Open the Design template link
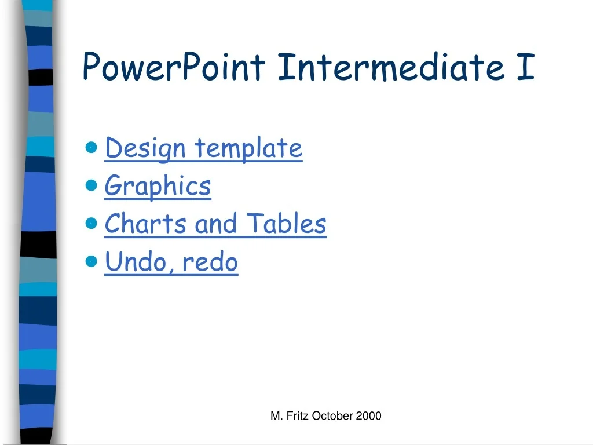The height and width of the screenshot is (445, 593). tap(203, 148)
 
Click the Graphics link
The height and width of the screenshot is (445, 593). tap(158, 187)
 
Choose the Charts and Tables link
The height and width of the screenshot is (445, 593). tap(215, 224)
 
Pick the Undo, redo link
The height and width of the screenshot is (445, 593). tap(171, 262)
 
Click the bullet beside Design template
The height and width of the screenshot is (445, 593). tap(91, 148)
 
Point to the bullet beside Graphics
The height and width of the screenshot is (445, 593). tap(91, 185)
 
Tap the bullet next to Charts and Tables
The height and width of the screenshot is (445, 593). tap(91, 224)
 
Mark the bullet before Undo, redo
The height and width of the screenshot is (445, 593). tap(91, 261)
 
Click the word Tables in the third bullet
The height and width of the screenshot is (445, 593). tap(286, 224)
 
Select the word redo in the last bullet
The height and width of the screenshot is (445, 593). tap(210, 262)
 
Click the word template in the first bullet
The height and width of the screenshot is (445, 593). tap(248, 149)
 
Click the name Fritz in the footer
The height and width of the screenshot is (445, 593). tap(297, 415)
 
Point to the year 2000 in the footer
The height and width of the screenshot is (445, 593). tap(369, 415)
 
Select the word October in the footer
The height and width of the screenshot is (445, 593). tap(332, 415)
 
